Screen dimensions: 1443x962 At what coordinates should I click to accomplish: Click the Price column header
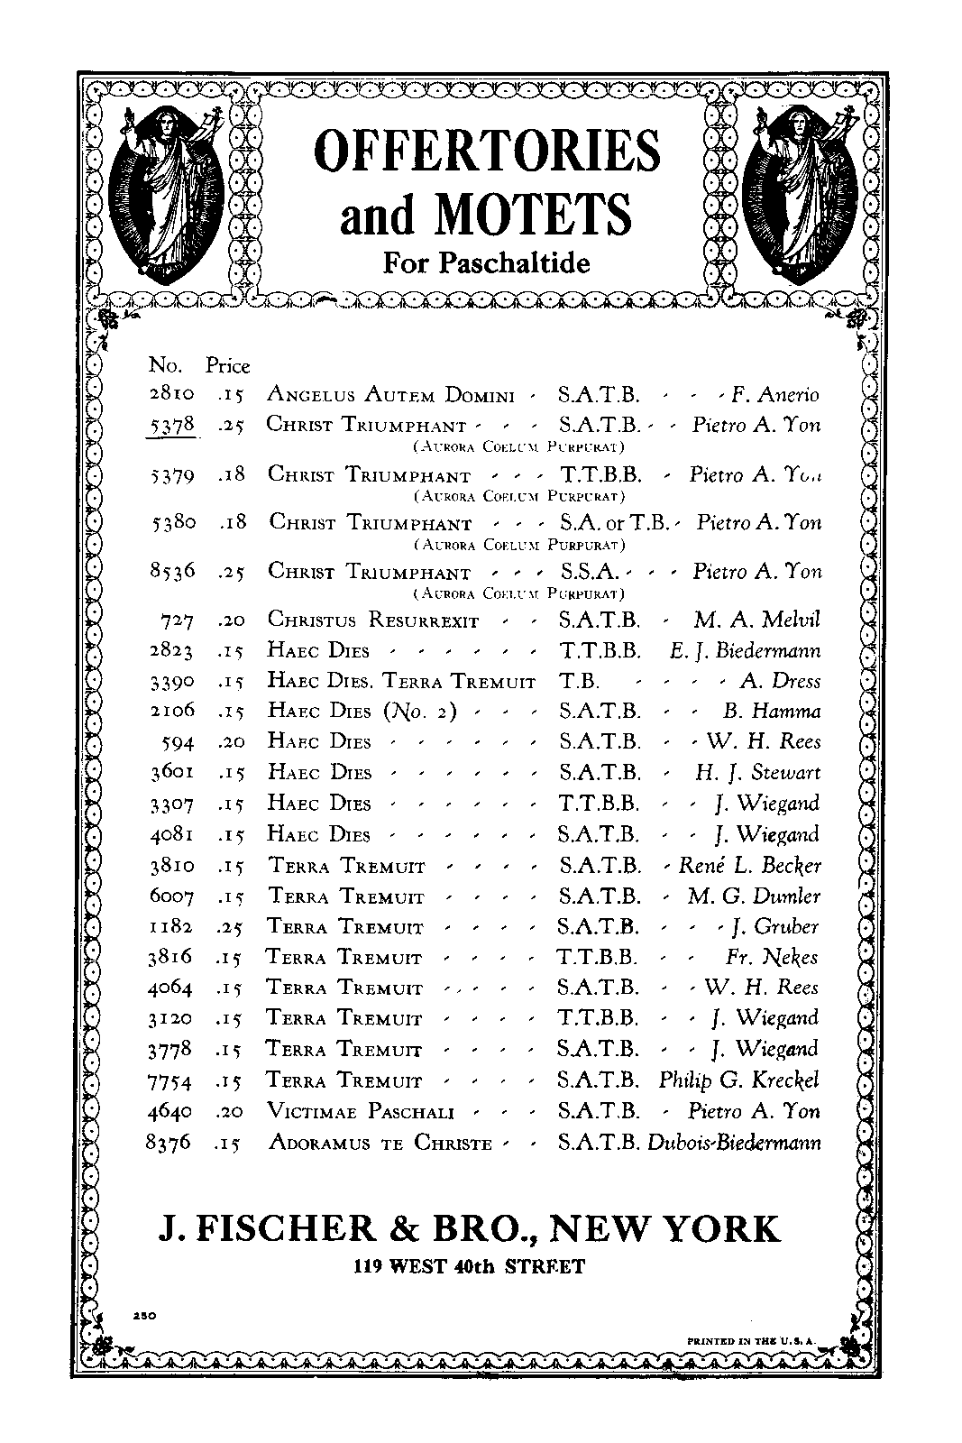point(227,365)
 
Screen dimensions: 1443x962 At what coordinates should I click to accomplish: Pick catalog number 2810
point(169,394)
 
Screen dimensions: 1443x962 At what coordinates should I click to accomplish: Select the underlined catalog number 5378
point(170,424)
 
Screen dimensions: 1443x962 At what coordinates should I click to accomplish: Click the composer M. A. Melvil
point(757,620)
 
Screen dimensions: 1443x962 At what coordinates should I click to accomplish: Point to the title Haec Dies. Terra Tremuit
point(401,681)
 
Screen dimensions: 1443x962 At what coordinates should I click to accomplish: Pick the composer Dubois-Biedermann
point(734,1142)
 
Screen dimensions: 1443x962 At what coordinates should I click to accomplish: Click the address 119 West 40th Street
point(469,1266)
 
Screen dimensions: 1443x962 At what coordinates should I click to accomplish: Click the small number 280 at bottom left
point(144,1316)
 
